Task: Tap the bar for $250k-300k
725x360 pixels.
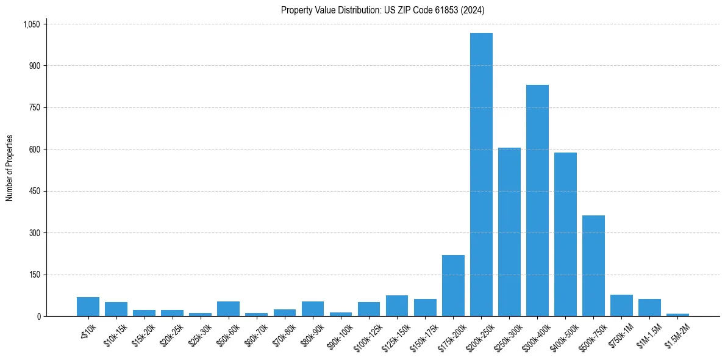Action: [509, 232]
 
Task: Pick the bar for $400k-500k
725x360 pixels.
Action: [565, 234]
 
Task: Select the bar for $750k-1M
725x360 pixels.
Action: [621, 306]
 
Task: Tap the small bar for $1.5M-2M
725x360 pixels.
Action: [677, 315]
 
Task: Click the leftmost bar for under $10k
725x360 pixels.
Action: [88, 307]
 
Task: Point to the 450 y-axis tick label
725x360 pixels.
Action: [35, 191]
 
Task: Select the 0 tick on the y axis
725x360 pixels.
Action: [38, 316]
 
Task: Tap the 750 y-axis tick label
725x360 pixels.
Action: [35, 107]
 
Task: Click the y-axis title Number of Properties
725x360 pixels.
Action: [10, 168]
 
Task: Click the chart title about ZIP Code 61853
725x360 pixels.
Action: [382, 10]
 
